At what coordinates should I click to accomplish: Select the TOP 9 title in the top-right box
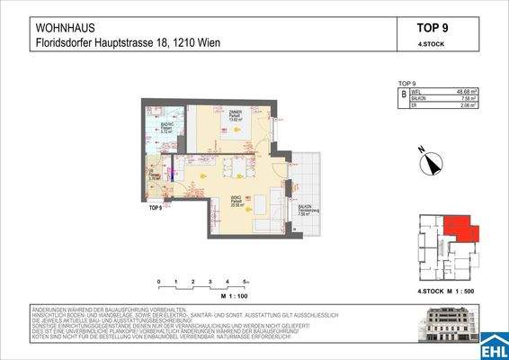433,27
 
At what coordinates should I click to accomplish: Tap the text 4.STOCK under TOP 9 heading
433,43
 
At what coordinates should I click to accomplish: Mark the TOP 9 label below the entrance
155,208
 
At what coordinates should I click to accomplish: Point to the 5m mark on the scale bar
244,282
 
